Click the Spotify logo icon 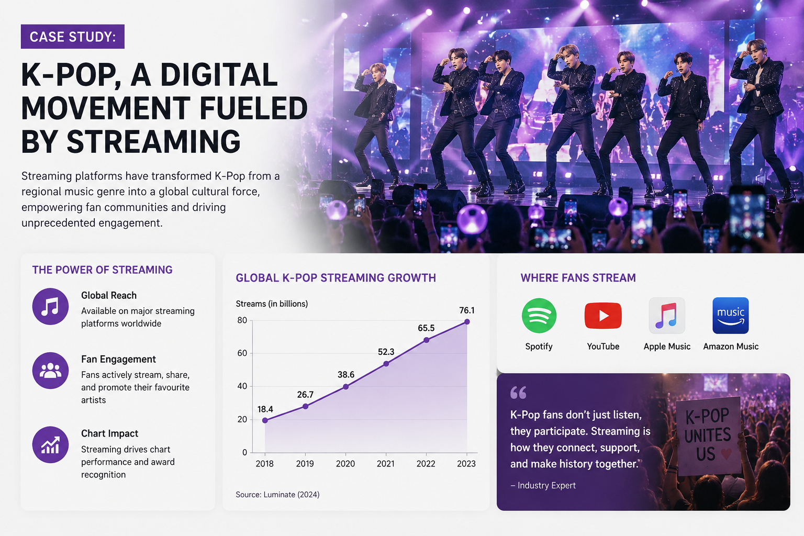(x=539, y=316)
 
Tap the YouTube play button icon (x=603, y=316)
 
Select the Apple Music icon (x=667, y=316)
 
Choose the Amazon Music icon (x=730, y=316)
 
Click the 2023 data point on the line (x=467, y=322)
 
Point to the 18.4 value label (x=265, y=409)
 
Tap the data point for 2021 (x=386, y=364)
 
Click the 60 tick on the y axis (x=242, y=353)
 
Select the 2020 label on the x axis (x=345, y=463)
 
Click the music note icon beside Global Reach (x=50, y=306)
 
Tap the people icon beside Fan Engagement (x=50, y=370)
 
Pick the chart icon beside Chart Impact (x=50, y=444)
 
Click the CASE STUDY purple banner (x=73, y=37)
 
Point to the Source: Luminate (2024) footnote (x=277, y=494)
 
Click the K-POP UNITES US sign (x=708, y=435)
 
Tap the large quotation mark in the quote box (x=518, y=393)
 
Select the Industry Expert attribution (x=543, y=485)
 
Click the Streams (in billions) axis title (x=272, y=304)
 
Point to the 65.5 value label (x=426, y=328)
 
